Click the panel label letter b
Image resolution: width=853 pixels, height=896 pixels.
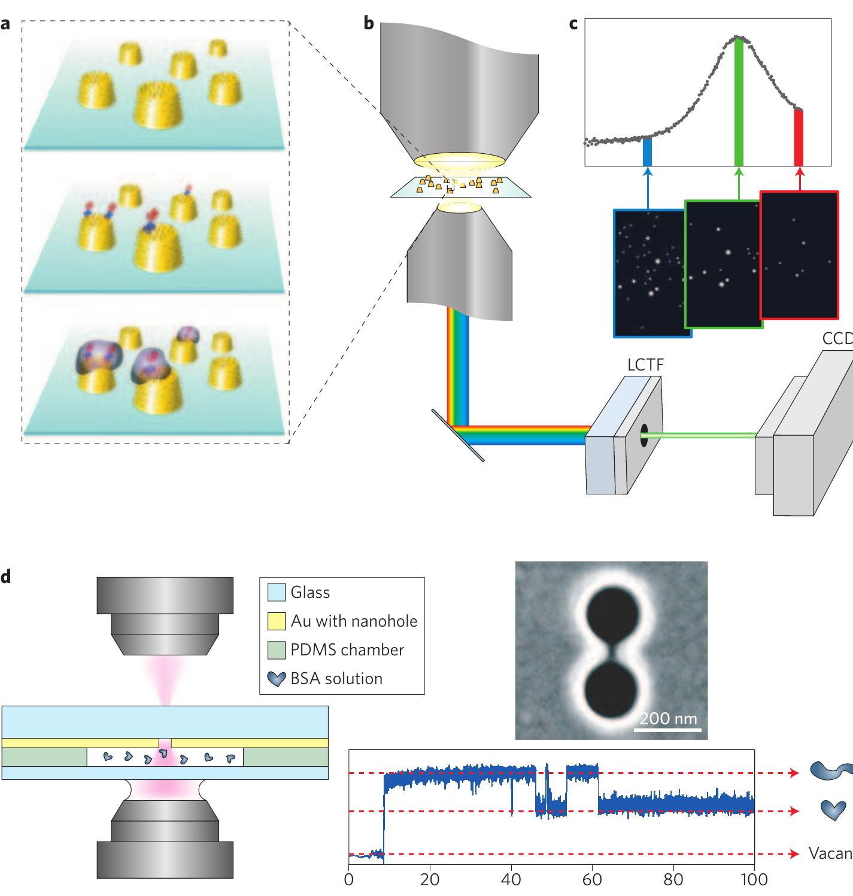pos(369,24)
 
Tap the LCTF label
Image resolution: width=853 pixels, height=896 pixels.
pos(645,365)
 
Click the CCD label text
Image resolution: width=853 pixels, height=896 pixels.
pos(837,339)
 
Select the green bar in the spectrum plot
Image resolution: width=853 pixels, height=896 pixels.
pos(739,102)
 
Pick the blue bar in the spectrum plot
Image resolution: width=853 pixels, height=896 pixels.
pos(647,152)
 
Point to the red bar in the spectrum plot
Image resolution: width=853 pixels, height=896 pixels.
pos(798,138)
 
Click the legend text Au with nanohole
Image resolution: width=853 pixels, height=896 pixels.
pos(354,621)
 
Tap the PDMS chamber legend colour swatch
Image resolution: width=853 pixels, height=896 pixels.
pos(276,650)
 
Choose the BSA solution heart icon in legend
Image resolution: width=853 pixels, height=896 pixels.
pos(276,679)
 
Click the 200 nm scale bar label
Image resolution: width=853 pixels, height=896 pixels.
pos(667,718)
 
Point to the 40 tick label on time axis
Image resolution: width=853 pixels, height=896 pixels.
pos(511,879)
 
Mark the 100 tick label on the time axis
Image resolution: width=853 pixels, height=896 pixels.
pos(754,879)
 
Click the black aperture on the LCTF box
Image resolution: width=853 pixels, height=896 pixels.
pos(643,435)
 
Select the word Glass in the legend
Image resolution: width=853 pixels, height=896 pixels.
pos(310,593)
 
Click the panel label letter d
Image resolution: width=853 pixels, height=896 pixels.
pos(6,578)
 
